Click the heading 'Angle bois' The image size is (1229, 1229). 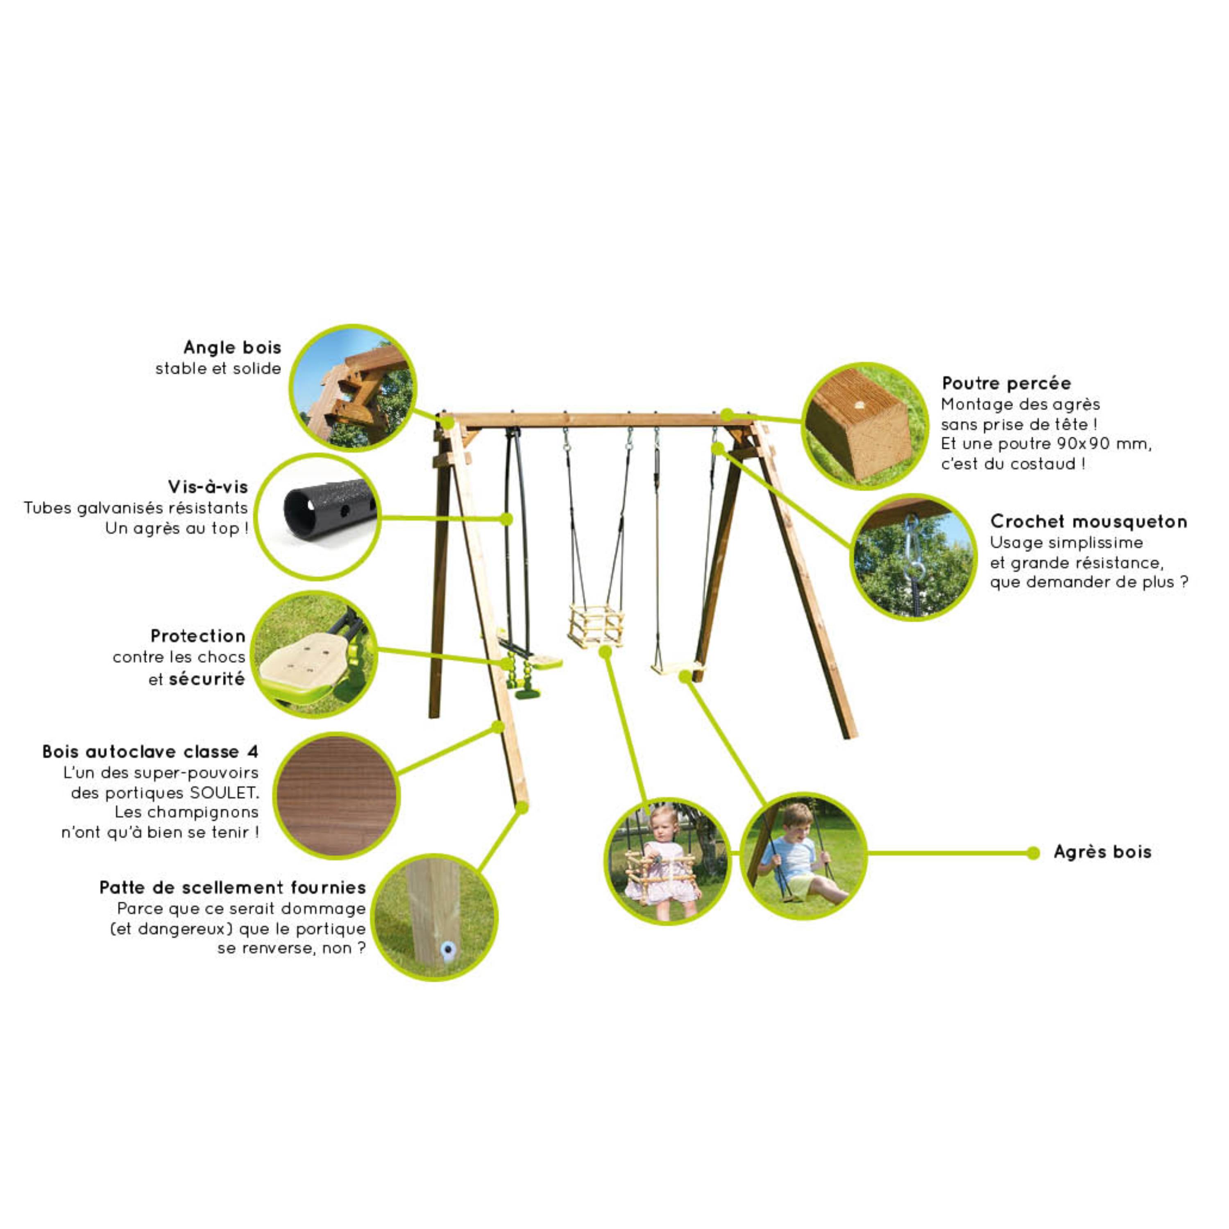pyautogui.click(x=232, y=347)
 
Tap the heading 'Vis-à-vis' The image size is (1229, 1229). pyautogui.click(x=208, y=487)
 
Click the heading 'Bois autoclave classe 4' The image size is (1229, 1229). pyautogui.click(x=150, y=751)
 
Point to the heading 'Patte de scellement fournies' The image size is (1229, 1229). pyautogui.click(x=233, y=887)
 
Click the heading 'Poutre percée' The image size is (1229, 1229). pyautogui.click(x=1007, y=383)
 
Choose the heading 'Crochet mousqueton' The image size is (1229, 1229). pyautogui.click(x=1089, y=522)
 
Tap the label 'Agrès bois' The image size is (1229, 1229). pyautogui.click(x=1102, y=852)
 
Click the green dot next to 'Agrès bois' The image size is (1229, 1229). pyautogui.click(x=1034, y=853)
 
